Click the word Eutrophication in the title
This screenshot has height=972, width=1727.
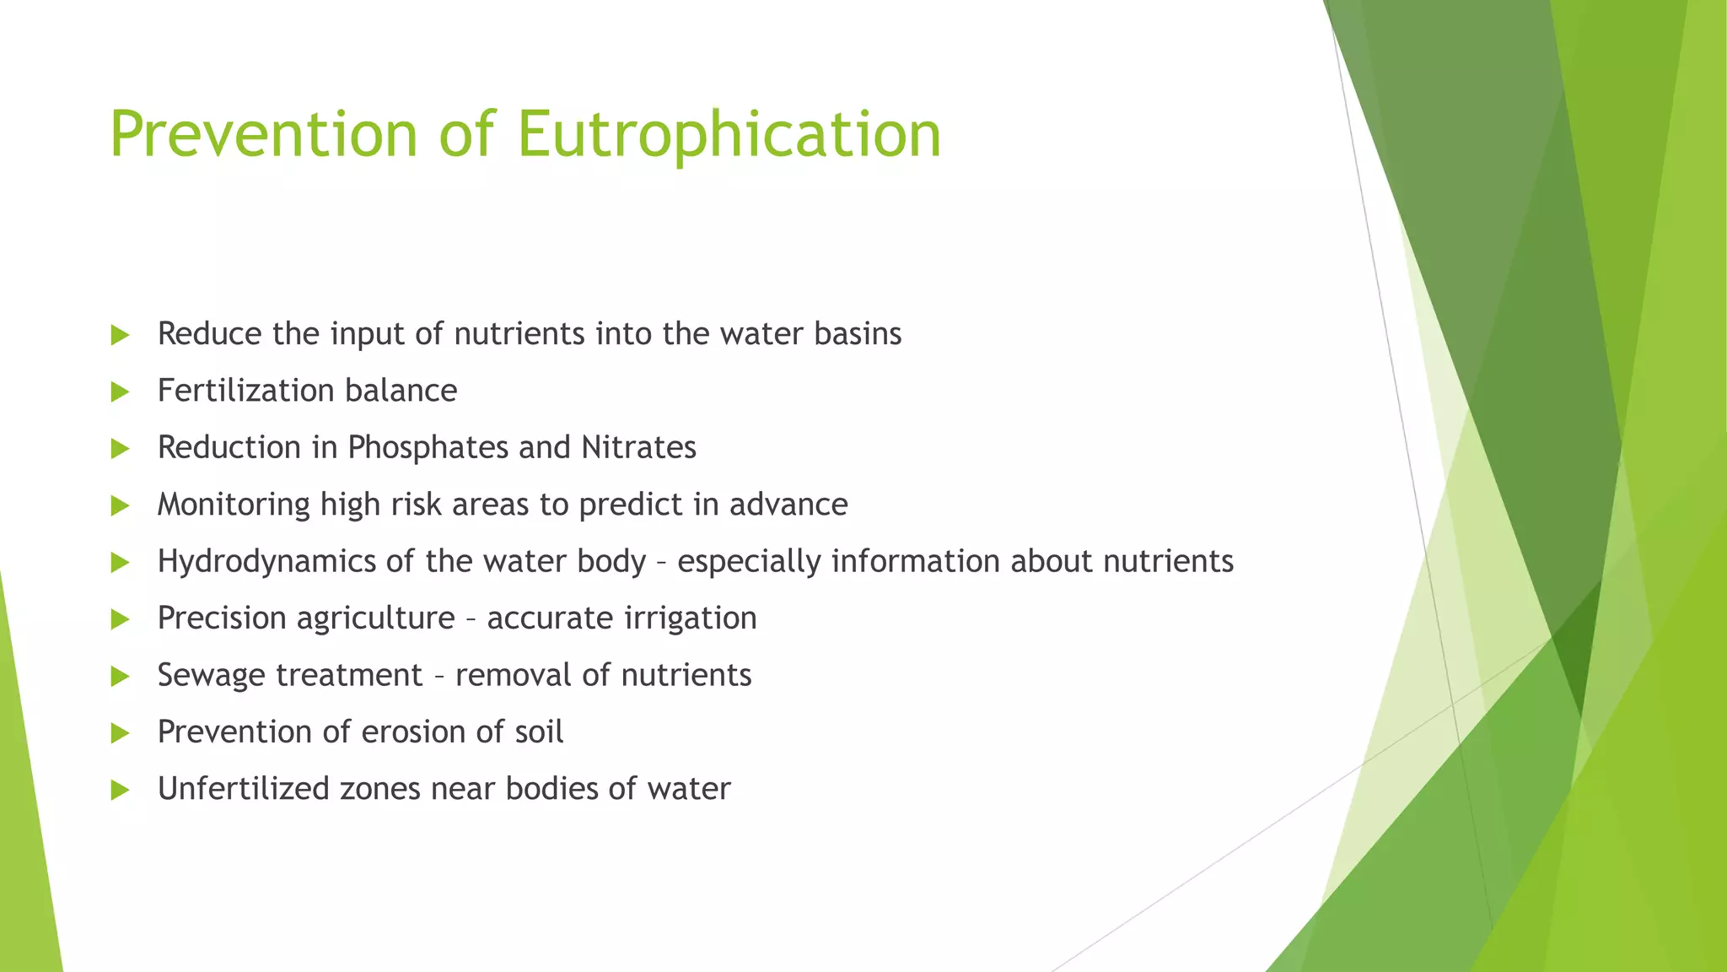tap(729, 135)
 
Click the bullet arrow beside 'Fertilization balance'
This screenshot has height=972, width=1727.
tap(120, 391)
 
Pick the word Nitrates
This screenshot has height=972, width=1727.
tap(638, 447)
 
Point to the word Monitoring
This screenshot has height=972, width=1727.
tap(234, 505)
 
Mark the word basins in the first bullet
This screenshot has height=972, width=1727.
tap(858, 334)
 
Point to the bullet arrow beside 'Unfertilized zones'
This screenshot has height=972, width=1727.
tap(120, 791)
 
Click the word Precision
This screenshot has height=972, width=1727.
tap(222, 618)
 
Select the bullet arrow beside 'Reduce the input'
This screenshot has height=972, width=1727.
tap(120, 335)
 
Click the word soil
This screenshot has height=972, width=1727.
tap(539, 732)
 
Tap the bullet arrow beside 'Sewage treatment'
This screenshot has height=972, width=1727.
tap(120, 677)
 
